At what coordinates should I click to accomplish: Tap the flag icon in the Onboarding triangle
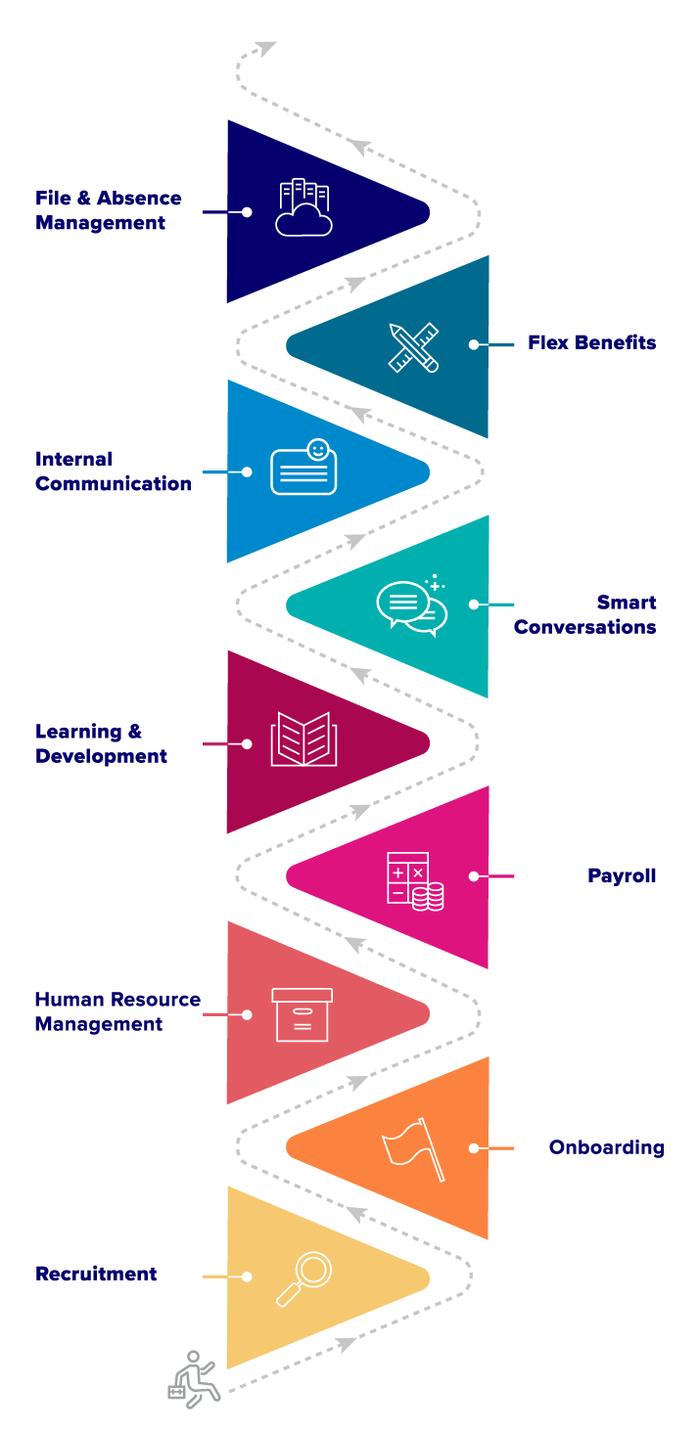point(412,1148)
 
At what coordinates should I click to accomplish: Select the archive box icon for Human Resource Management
point(302,1014)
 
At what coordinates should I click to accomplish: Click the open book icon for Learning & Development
point(303,739)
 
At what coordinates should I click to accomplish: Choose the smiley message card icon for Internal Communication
point(303,468)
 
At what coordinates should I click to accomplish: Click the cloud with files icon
point(303,207)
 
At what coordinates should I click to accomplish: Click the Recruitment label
point(96,1274)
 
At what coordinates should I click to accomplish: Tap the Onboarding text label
point(606,1147)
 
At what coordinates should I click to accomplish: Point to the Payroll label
point(622,875)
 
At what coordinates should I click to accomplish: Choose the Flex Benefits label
point(591,342)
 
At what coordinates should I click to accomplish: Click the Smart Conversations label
point(584,614)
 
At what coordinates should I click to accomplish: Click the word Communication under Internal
point(113,483)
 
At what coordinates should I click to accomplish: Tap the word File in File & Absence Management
point(51,198)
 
